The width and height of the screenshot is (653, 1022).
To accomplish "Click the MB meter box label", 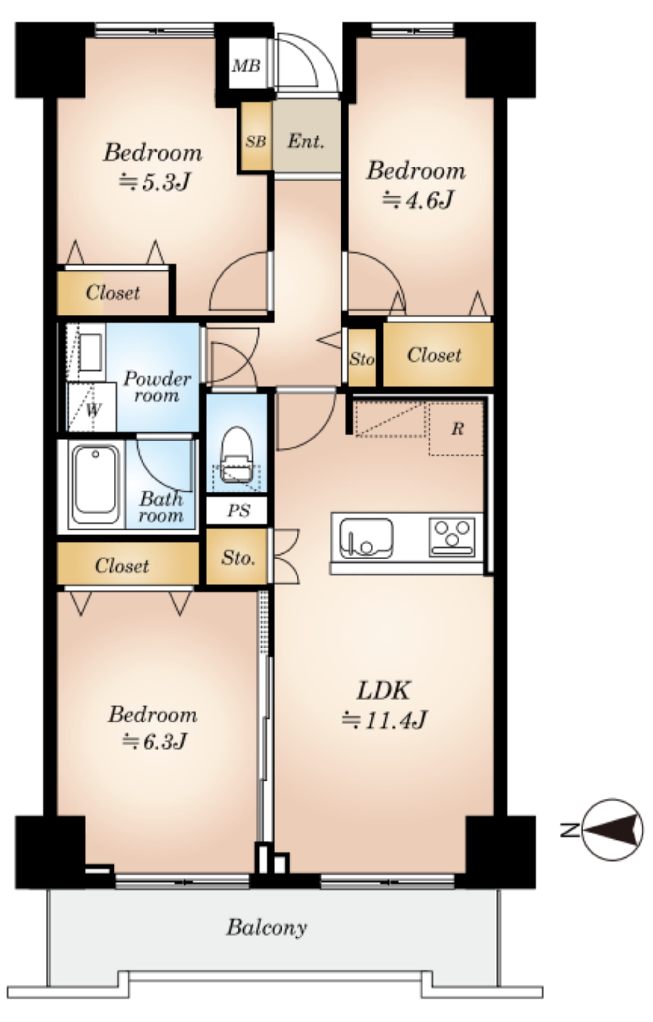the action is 246,66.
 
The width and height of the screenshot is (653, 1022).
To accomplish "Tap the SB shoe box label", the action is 255,141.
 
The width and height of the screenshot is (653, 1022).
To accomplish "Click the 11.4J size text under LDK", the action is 384,719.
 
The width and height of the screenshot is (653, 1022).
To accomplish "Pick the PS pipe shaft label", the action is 238,511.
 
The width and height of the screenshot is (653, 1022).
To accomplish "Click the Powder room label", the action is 157,386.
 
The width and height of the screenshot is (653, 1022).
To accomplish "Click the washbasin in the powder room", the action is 90,352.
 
